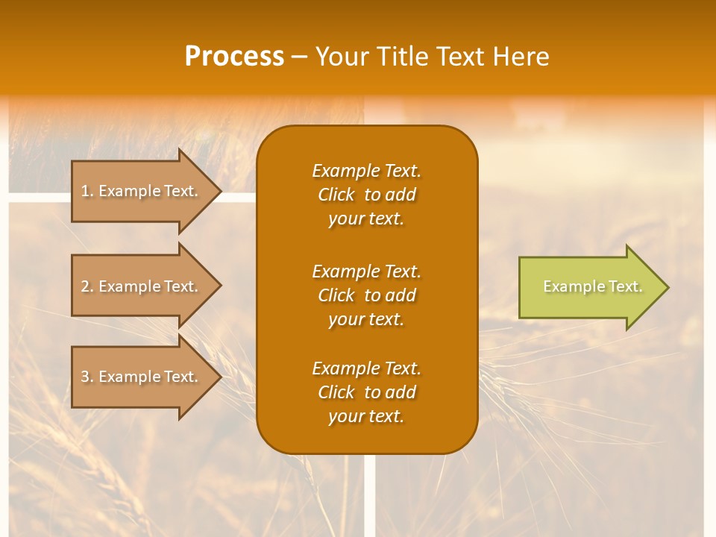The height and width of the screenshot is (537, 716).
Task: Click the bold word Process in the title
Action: pos(234,57)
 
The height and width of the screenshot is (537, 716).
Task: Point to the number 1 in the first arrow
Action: pos(85,191)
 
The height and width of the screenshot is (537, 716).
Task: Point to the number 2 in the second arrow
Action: pos(85,286)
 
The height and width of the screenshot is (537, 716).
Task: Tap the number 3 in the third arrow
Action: pos(85,377)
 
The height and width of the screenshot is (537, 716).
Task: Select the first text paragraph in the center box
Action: pos(366,195)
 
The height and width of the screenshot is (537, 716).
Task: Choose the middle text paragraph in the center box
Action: pos(366,295)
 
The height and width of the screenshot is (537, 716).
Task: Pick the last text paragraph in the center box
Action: pos(366,392)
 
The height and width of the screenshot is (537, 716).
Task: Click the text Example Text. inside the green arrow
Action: pos(592,286)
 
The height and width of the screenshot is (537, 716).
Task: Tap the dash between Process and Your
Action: pos(298,57)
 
